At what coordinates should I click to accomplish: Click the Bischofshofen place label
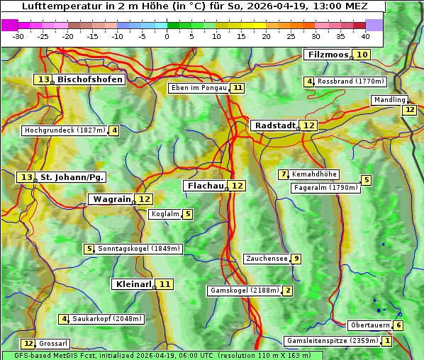(x=90, y=80)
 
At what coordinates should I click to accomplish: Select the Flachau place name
(x=204, y=186)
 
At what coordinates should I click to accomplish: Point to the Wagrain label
(x=112, y=199)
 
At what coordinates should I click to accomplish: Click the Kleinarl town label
(x=133, y=284)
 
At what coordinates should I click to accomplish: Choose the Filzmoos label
(x=327, y=55)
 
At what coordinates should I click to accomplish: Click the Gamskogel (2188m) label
(x=245, y=291)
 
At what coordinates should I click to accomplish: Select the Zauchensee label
(x=267, y=259)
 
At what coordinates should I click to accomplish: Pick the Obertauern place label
(x=370, y=325)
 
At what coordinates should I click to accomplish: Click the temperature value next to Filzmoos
(x=362, y=55)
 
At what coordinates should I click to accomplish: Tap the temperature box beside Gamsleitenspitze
(x=386, y=341)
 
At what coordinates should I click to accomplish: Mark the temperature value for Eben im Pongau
(x=238, y=88)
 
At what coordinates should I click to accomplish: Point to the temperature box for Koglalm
(x=187, y=214)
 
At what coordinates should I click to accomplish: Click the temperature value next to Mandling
(x=409, y=110)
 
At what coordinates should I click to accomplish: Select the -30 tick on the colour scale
(x=18, y=36)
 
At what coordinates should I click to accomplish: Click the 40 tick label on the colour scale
(x=365, y=36)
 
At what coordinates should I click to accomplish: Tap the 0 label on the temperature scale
(x=167, y=36)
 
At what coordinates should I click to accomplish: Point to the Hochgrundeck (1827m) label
(x=65, y=130)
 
